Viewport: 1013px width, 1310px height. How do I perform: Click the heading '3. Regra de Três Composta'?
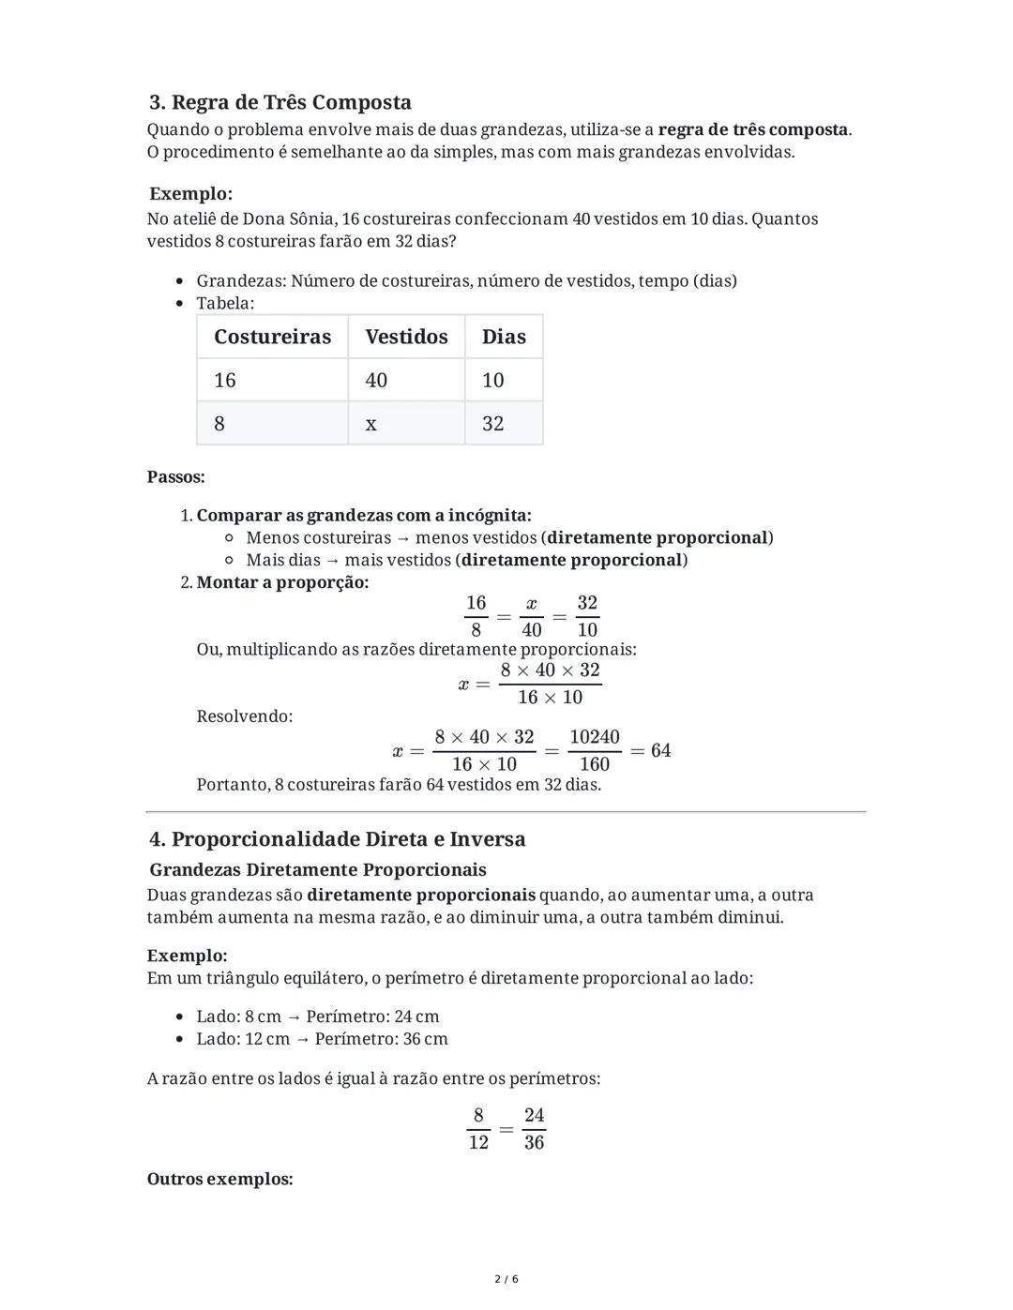coord(280,102)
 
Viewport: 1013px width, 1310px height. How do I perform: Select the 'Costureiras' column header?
coord(272,337)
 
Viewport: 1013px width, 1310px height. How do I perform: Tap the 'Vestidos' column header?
coord(406,337)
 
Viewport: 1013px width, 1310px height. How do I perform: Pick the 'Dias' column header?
coord(504,337)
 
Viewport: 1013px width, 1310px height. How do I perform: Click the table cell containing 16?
coord(225,380)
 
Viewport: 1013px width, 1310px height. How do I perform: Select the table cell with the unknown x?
coord(371,424)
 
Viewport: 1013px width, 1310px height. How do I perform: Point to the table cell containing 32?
coord(493,424)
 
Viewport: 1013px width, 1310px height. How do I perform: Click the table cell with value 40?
coord(376,380)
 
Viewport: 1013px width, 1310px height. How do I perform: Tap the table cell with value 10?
coord(493,380)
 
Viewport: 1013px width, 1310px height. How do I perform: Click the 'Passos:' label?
coord(176,476)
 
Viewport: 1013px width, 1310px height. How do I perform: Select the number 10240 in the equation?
coord(595,737)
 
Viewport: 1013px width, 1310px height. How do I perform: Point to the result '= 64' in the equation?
coord(651,750)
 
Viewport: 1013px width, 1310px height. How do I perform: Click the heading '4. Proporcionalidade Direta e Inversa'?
coord(338,838)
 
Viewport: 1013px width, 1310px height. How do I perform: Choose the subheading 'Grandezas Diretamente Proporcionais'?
coord(318,869)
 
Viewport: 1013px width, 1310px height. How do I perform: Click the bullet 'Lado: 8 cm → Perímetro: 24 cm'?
coord(317,1016)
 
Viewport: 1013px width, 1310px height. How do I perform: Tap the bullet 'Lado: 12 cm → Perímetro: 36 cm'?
coord(322,1039)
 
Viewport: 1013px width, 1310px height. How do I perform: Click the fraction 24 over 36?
coord(534,1128)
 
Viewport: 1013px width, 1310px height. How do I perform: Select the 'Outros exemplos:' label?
coord(220,1179)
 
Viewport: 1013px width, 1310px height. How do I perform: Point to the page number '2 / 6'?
coord(506,1279)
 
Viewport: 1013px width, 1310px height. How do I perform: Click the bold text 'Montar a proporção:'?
coord(282,582)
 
